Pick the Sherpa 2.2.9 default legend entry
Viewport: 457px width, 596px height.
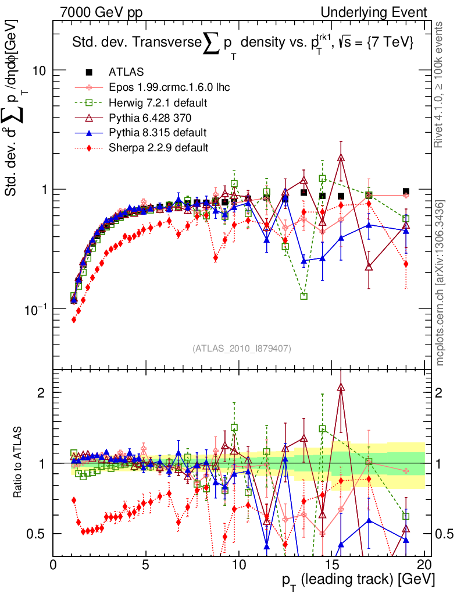tap(158, 147)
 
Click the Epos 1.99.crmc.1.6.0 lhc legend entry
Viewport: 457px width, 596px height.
tap(169, 87)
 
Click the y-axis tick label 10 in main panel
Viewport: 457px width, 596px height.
tap(39, 70)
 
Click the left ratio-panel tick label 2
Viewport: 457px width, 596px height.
tap(41, 392)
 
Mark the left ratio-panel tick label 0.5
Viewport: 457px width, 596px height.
tap(37, 534)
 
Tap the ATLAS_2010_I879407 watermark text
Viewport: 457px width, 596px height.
tap(241, 349)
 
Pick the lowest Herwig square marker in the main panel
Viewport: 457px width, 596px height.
tap(304, 296)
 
